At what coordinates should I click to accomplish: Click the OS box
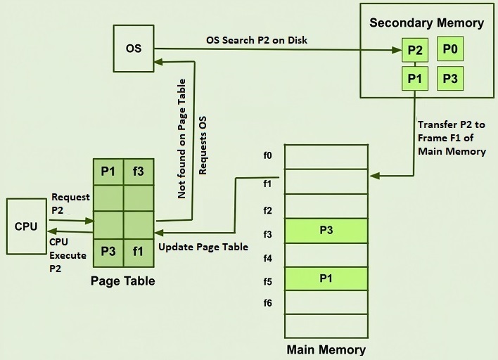[133, 49]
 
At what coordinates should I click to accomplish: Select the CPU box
[27, 226]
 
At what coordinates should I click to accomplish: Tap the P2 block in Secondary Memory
[415, 51]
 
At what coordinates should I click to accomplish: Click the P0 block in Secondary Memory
[450, 49]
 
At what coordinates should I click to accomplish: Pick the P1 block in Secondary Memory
[415, 78]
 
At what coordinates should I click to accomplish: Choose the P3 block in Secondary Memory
[450, 78]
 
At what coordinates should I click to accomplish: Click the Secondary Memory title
[427, 23]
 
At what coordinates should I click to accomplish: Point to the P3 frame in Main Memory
[326, 230]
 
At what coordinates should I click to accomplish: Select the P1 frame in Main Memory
[326, 278]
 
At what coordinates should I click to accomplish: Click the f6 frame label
[267, 303]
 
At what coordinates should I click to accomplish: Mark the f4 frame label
[267, 258]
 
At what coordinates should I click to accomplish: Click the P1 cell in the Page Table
[108, 172]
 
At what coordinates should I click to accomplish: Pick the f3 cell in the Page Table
[139, 172]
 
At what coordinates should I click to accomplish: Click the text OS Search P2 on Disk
[256, 40]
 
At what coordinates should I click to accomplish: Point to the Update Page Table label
[203, 247]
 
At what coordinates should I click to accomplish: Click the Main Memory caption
[326, 349]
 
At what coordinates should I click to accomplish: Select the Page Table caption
[123, 281]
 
